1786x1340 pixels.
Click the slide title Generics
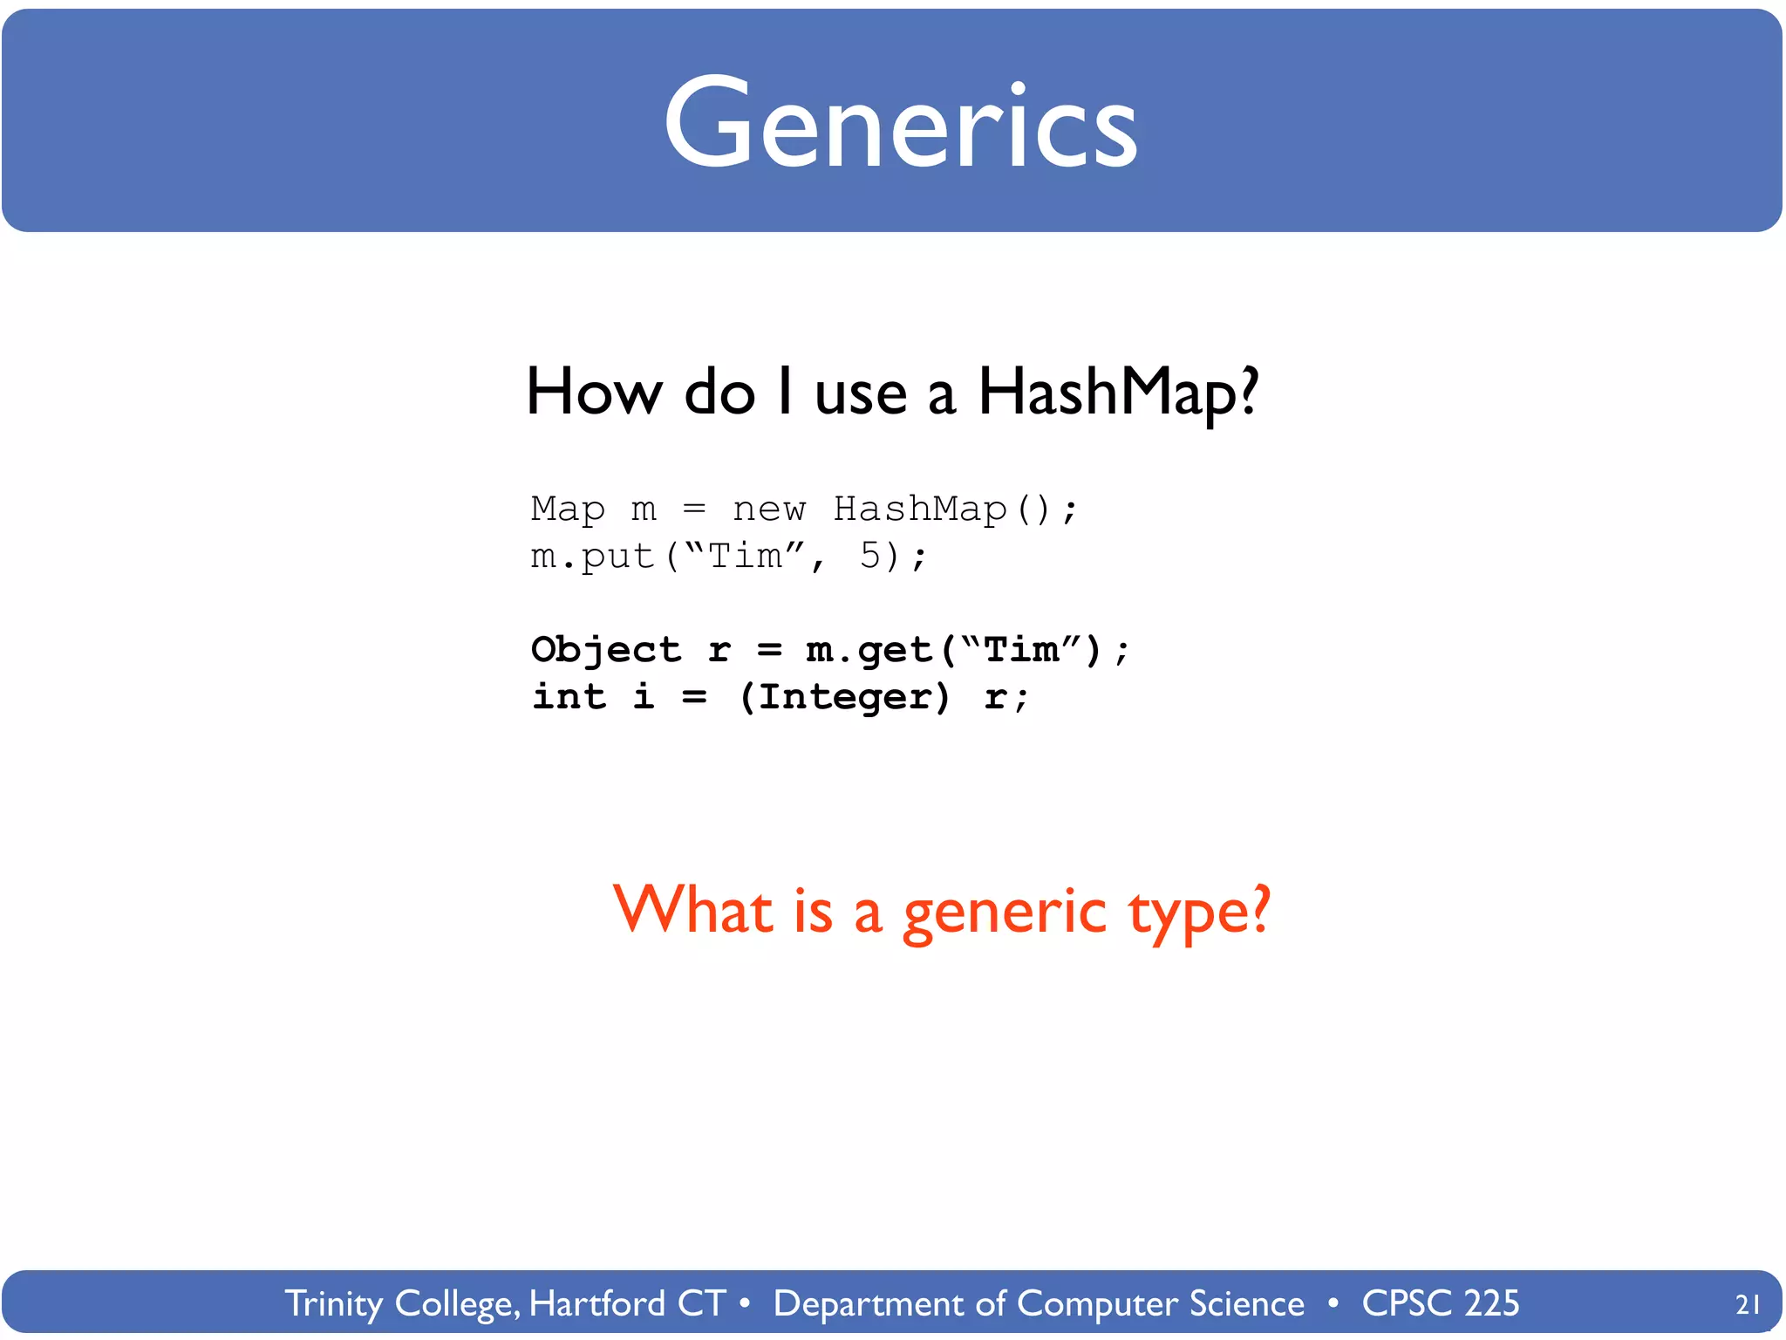point(900,124)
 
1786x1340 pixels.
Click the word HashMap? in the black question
point(1118,393)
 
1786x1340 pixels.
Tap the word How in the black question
point(594,393)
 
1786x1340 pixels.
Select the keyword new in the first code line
point(769,509)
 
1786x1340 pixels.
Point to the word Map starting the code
point(567,509)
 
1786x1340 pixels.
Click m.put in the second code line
point(592,557)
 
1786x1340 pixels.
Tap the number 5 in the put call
point(870,556)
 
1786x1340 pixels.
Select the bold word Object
point(605,650)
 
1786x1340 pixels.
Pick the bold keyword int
point(569,697)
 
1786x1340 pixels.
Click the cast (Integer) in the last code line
point(844,697)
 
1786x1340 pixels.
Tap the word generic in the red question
point(1004,913)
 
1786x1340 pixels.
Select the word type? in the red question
point(1199,913)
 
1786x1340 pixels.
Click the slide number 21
point(1748,1304)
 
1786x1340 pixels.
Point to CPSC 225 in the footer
point(1440,1303)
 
